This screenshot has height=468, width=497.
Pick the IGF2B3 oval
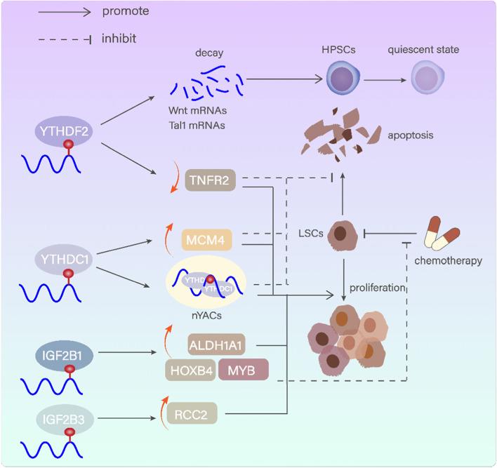click(65, 420)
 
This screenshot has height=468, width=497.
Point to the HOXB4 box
click(189, 369)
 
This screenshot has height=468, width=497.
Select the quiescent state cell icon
click(427, 76)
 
